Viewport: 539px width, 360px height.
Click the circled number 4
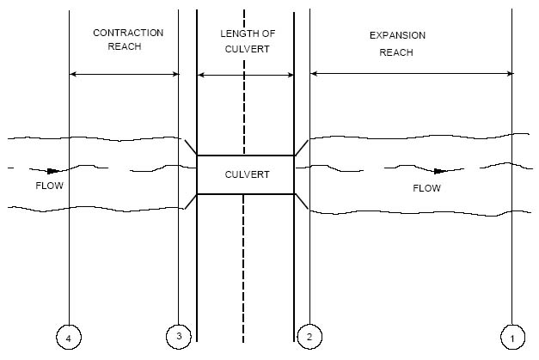point(69,339)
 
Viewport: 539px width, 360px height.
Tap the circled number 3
point(178,336)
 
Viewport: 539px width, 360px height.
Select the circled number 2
point(309,336)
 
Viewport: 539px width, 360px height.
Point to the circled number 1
point(512,339)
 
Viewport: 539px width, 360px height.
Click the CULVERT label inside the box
point(247,174)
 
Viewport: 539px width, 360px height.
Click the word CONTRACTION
point(128,33)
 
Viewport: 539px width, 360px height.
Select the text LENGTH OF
point(246,33)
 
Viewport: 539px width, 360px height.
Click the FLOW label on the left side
point(49,186)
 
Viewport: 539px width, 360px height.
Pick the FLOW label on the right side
point(426,188)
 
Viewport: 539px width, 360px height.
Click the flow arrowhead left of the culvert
point(53,171)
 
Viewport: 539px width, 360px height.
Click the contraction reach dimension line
point(124,75)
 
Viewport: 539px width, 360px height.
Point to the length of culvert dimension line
point(246,75)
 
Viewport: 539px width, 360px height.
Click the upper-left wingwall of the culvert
point(191,147)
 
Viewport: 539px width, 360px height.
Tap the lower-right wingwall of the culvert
point(302,202)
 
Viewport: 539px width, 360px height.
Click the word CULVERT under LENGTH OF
point(246,50)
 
